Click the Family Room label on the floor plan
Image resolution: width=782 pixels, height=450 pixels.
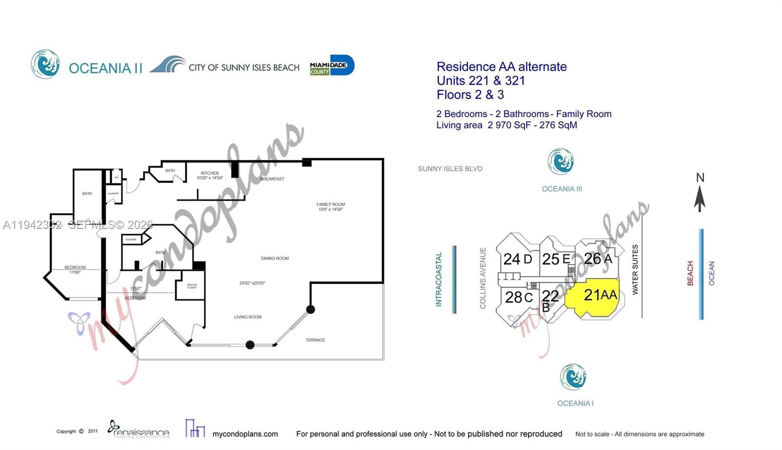tap(330, 205)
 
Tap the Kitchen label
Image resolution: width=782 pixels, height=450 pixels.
tap(210, 173)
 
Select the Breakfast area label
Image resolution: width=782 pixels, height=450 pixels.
tap(272, 179)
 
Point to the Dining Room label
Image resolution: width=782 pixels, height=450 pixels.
tap(275, 258)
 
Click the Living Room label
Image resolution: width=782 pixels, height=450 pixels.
tap(248, 317)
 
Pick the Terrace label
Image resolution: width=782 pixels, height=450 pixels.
tap(315, 340)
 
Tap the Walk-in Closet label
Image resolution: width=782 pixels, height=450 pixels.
tap(192, 286)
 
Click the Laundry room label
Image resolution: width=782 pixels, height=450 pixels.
tap(113, 194)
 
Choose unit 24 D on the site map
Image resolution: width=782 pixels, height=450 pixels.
tap(517, 259)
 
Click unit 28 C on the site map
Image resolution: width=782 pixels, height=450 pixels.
tap(519, 297)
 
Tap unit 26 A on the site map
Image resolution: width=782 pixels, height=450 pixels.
tap(598, 258)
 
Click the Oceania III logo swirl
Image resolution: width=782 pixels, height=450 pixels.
tap(561, 162)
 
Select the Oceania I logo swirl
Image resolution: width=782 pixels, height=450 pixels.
tap(573, 377)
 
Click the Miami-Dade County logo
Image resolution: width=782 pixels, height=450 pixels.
tap(332, 65)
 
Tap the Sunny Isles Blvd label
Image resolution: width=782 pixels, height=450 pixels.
tap(450, 169)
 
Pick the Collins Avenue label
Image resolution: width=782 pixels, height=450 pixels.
tap(483, 278)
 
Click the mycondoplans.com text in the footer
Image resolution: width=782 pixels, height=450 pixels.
tap(245, 434)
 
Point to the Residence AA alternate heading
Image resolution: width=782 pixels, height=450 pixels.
tap(501, 67)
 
